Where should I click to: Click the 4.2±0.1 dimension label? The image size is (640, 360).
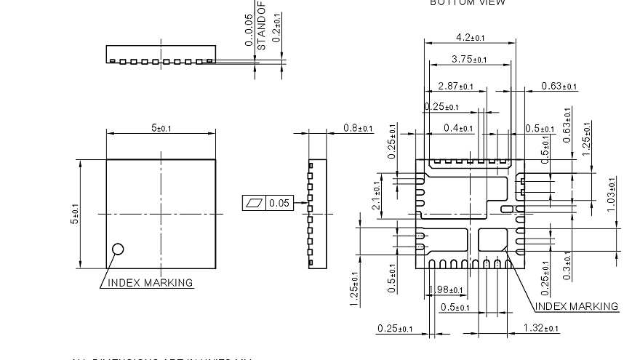pyautogui.click(x=470, y=37)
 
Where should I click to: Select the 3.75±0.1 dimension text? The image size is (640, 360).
pyautogui.click(x=469, y=59)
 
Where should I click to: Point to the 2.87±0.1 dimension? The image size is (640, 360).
pyautogui.click(x=456, y=87)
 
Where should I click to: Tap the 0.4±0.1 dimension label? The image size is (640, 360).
pyautogui.click(x=458, y=129)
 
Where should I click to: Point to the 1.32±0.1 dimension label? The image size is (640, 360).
pyautogui.click(x=541, y=329)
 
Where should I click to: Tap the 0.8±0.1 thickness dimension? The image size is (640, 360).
pyautogui.click(x=358, y=129)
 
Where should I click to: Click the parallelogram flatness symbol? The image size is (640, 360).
pyautogui.click(x=254, y=203)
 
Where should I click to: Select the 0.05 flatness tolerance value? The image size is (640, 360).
pyautogui.click(x=279, y=203)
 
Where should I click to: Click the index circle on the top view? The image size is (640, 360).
pyautogui.click(x=118, y=249)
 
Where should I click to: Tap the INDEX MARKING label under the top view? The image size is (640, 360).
pyautogui.click(x=151, y=283)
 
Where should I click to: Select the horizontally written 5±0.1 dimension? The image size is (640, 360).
pyautogui.click(x=161, y=128)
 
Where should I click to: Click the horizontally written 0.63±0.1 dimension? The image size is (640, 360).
pyautogui.click(x=559, y=87)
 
